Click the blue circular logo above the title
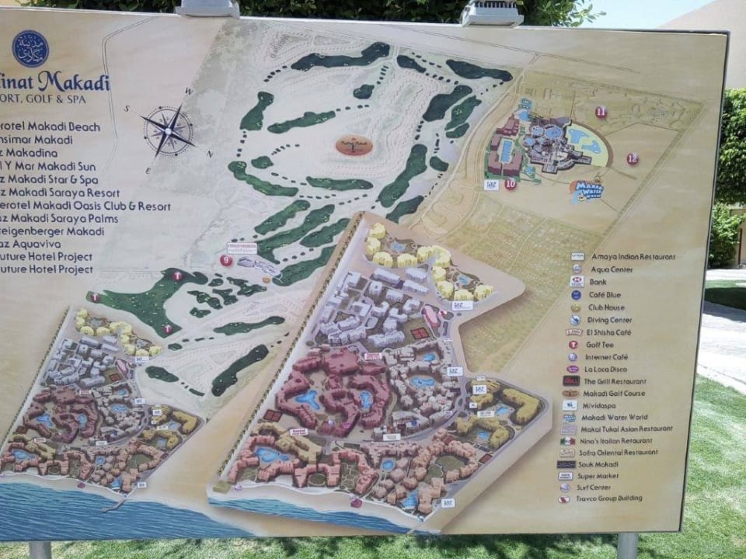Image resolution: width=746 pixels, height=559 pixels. (30, 49)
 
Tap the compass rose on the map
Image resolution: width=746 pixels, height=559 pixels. (168, 130)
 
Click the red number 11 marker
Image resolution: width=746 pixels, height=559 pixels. (601, 112)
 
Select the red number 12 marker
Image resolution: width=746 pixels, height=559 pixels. (632, 159)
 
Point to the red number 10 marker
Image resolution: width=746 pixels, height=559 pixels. (510, 184)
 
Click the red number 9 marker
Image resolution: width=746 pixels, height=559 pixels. (226, 261)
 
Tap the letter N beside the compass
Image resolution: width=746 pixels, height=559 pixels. (210, 154)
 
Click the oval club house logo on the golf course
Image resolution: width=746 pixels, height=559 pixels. (354, 144)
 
